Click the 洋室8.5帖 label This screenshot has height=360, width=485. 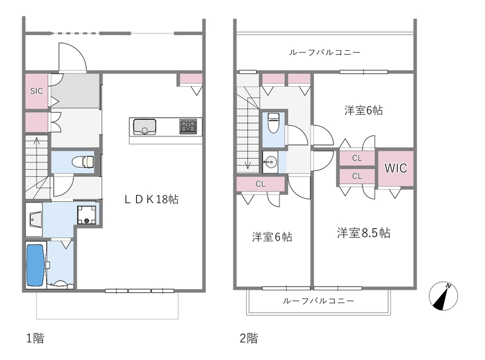364,233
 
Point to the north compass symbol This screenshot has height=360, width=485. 443,298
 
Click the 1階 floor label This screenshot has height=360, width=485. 35,338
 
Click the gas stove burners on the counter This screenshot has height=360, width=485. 188,126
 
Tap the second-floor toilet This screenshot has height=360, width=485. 273,123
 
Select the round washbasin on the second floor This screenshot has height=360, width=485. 270,162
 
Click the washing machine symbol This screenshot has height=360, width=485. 87,213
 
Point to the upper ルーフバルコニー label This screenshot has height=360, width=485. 326,53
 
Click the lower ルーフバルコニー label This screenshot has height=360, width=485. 318,301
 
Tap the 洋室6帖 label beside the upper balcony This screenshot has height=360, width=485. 364,110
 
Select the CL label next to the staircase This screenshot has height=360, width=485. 260,184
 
